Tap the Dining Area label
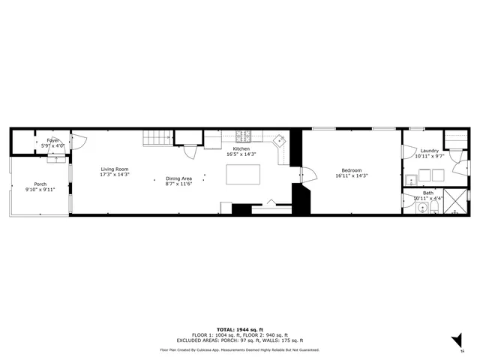pyautogui.click(x=178, y=178)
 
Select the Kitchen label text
pyautogui.click(x=241, y=149)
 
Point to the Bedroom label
pyautogui.click(x=351, y=169)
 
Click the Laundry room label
pyautogui.click(x=429, y=151)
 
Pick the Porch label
pyautogui.click(x=40, y=184)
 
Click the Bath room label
pyautogui.click(x=427, y=193)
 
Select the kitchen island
pyautogui.click(x=244, y=174)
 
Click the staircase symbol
pyautogui.click(x=158, y=138)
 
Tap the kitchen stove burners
pyautogui.click(x=244, y=137)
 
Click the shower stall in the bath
pyautogui.click(x=454, y=202)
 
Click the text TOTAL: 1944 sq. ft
pyautogui.click(x=240, y=329)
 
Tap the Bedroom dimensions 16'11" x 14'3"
pyautogui.click(x=351, y=175)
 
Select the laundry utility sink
pyautogui.click(x=411, y=180)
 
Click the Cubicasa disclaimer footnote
pyautogui.click(x=240, y=349)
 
